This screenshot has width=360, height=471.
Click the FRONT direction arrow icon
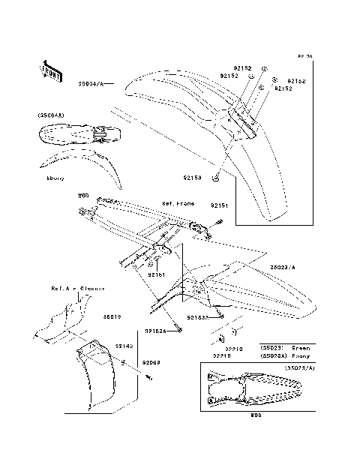(x=50, y=69)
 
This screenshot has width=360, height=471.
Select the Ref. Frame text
(x=178, y=203)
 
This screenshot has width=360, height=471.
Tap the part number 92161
(x=155, y=275)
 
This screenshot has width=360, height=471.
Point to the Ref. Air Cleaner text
(x=77, y=287)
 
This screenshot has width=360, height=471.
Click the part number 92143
(x=124, y=346)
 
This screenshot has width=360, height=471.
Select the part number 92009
(x=151, y=362)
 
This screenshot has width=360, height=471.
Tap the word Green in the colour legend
(x=301, y=348)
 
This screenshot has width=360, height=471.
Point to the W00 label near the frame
(x=83, y=195)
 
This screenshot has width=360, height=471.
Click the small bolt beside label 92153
(x=216, y=178)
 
